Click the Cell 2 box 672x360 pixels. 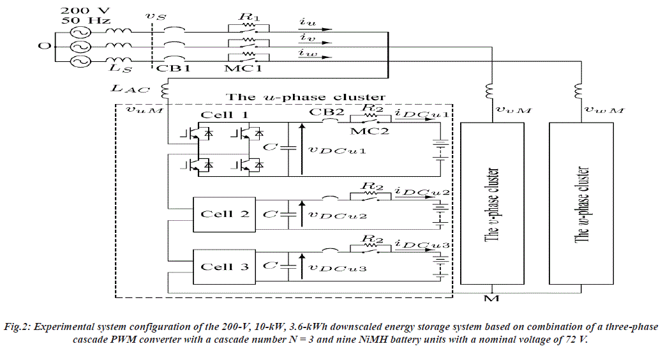(x=224, y=214)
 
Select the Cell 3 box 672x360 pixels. (x=224, y=266)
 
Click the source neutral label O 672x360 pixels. (x=43, y=47)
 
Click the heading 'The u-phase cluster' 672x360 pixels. (x=306, y=97)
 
